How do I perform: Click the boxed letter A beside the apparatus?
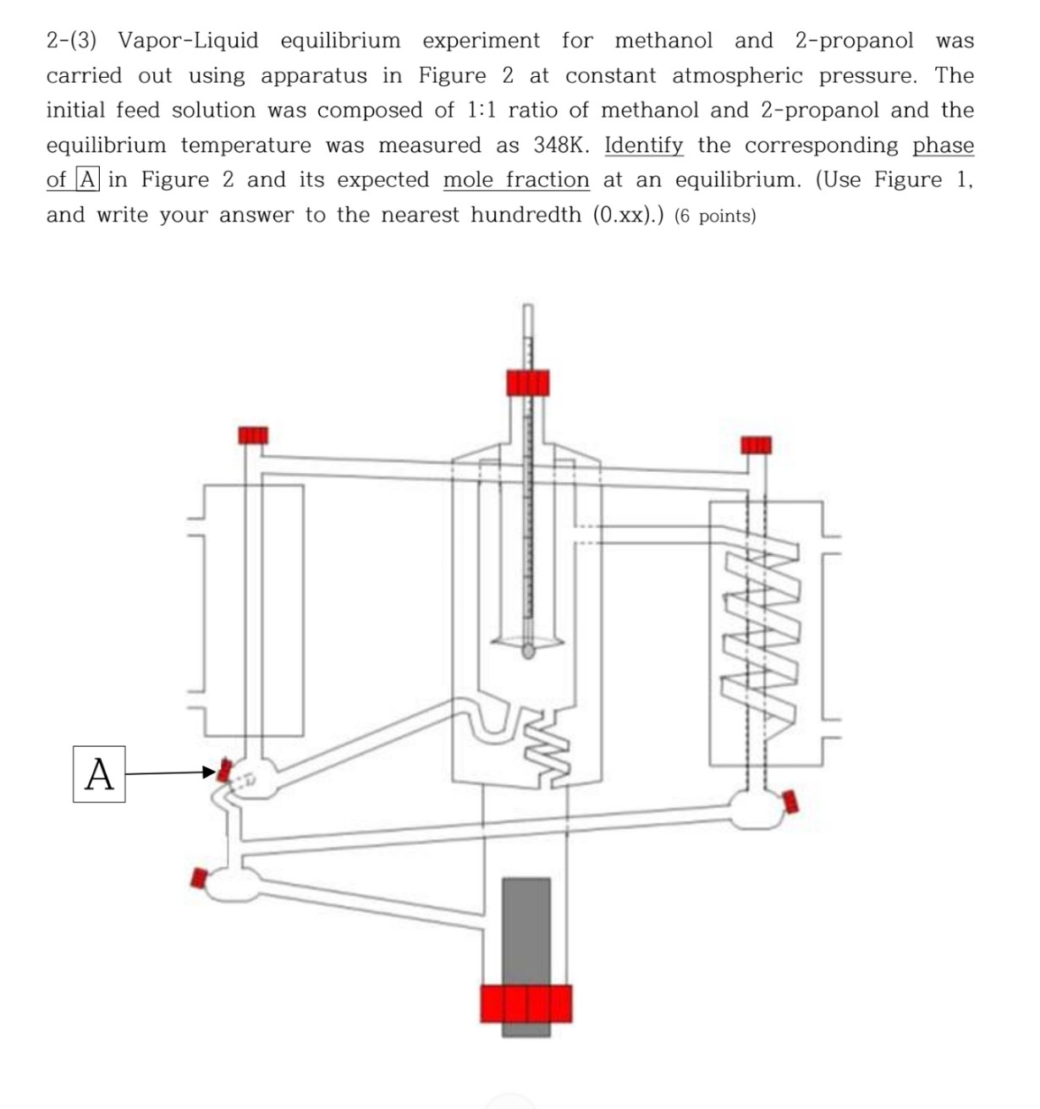pos(99,773)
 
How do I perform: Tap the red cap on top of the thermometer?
pos(528,382)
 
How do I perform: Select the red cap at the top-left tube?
pos(252,435)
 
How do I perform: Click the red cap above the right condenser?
pos(756,445)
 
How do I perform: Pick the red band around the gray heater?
pos(526,1003)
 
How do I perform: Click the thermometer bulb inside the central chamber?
pos(529,651)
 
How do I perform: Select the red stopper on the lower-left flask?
pos(199,878)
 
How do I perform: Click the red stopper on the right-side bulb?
pos(790,800)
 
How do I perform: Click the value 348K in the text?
pos(561,145)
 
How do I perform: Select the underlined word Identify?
pos(643,145)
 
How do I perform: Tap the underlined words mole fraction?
pos(516,180)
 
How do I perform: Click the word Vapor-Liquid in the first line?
pos(188,41)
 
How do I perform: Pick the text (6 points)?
pos(715,217)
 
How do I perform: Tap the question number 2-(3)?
pos(72,41)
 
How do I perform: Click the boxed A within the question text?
pos(88,180)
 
